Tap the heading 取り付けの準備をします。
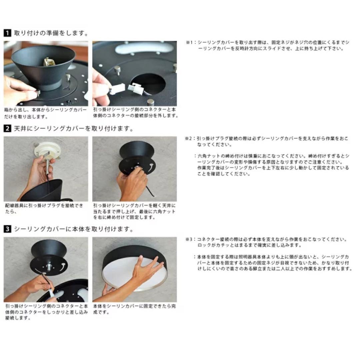[51, 33]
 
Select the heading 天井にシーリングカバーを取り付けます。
[73, 128]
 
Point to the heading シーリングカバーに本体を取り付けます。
[73, 229]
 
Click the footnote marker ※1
[189, 43]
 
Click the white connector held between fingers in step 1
[117, 89]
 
